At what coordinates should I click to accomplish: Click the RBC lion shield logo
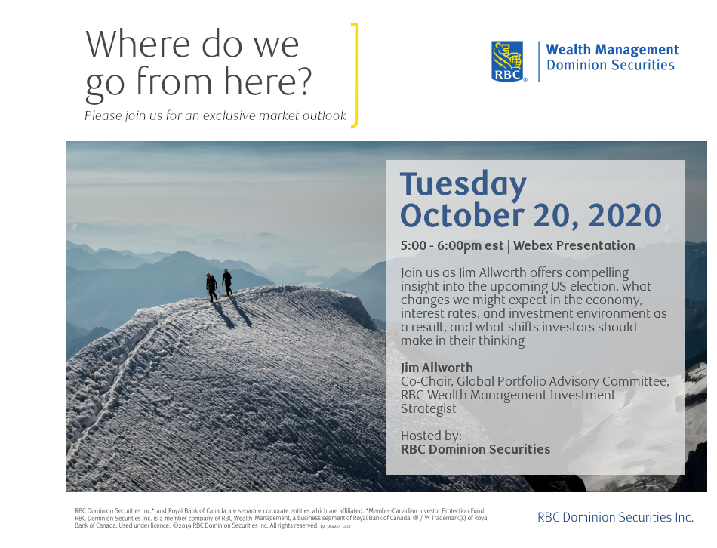pos(507,61)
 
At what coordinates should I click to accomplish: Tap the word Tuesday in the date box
pos(463,185)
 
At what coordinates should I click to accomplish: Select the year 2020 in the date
pos(625,215)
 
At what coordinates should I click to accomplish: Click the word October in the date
pos(462,215)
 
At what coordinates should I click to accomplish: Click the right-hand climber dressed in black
pos(227,282)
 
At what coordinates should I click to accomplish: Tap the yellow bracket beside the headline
pos(355,75)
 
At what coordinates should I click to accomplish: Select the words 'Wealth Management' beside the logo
pos(612,49)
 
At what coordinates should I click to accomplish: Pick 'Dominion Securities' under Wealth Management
pos(611,65)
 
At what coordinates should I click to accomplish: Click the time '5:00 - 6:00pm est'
pos(452,245)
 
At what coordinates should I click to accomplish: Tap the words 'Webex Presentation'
pos(574,245)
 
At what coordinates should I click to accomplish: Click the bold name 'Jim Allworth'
pos(437,368)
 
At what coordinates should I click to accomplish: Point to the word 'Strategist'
pos(429,409)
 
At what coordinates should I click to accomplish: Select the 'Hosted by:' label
pos(431,436)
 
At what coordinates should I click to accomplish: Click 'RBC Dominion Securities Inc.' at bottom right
pos(615,517)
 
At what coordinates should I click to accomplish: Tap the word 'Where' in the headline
pos(137,45)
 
